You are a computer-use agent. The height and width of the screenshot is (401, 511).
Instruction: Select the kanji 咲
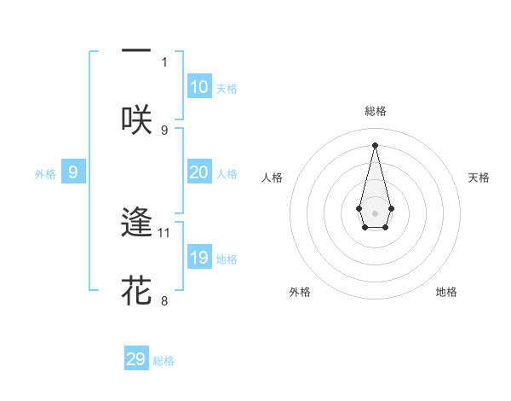tap(136, 119)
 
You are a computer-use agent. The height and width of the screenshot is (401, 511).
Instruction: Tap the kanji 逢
tap(136, 223)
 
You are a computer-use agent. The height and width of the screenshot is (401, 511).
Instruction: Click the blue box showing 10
tap(198, 87)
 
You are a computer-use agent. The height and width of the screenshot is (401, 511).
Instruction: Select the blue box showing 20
tap(198, 172)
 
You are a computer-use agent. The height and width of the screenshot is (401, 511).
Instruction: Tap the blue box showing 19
tap(198, 258)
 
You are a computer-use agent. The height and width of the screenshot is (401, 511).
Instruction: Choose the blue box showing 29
tap(136, 359)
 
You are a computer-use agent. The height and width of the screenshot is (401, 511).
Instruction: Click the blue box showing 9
tap(73, 172)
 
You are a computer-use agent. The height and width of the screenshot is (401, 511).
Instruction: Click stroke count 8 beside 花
tap(164, 300)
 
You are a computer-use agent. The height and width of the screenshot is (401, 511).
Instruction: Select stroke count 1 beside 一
tap(164, 61)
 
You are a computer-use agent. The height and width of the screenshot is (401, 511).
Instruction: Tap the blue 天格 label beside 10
tap(227, 89)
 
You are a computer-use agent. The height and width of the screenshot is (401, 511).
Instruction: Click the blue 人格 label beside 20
tap(227, 174)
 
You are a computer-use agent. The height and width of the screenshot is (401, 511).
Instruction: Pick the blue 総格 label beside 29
tap(164, 361)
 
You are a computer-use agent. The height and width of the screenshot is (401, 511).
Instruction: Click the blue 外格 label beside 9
tap(45, 174)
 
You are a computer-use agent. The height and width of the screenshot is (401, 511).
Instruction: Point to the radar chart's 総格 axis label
tap(375, 111)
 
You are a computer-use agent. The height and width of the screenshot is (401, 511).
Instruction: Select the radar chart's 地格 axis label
tap(446, 292)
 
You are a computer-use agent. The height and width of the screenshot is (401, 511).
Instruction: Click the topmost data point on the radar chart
tap(375, 144)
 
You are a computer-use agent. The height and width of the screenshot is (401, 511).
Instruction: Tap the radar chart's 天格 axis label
tap(479, 177)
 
